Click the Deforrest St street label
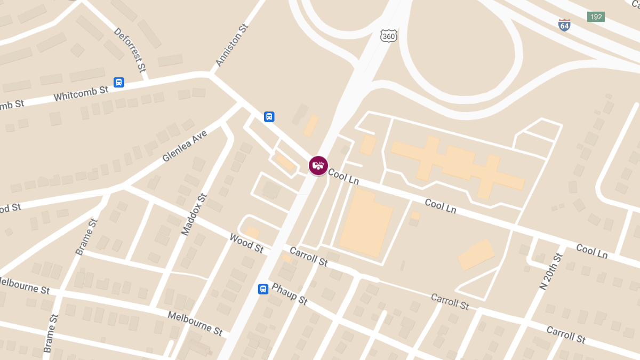click(130, 50)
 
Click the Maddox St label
click(194, 214)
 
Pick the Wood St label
click(246, 243)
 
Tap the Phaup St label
click(290, 294)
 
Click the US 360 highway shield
click(389, 36)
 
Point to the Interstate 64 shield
click(564, 25)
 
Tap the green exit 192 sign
click(596, 17)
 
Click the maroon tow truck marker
click(318, 165)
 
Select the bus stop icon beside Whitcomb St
click(119, 82)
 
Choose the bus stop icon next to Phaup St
click(263, 289)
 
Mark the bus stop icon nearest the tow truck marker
click(269, 116)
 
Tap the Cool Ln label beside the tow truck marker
click(343, 177)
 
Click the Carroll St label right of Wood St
click(308, 257)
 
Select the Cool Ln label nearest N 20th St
click(591, 251)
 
